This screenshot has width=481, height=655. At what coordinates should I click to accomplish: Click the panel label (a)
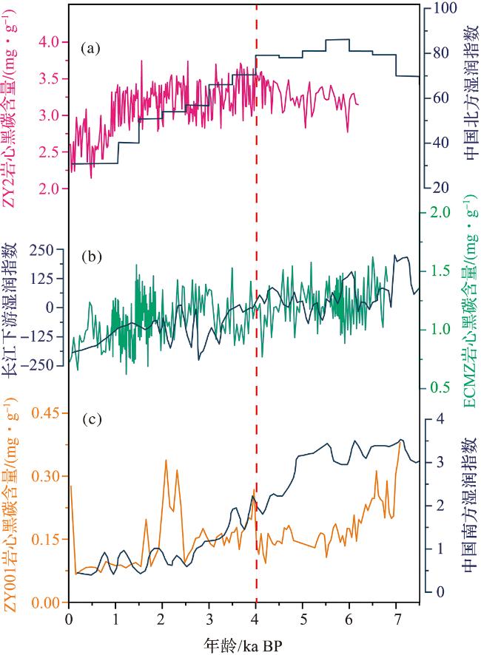90,50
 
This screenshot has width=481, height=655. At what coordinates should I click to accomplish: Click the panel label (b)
90,257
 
